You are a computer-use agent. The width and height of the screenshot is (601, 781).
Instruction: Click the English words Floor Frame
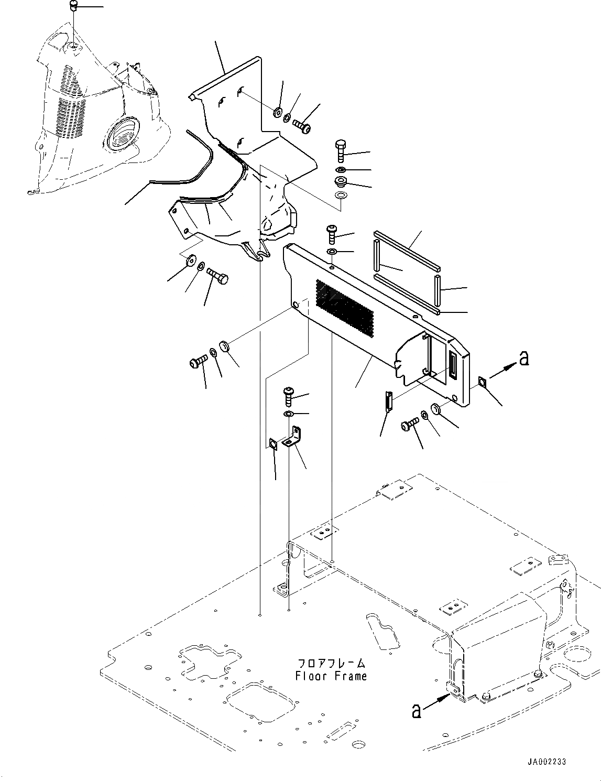(x=331, y=676)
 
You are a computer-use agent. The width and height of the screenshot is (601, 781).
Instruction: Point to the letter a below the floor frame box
(x=416, y=711)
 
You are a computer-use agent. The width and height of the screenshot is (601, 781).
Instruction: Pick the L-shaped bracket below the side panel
(x=292, y=438)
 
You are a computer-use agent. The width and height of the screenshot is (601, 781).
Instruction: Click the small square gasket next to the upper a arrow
(x=482, y=383)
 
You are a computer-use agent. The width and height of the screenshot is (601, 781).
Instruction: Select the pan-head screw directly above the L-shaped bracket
(x=289, y=395)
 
